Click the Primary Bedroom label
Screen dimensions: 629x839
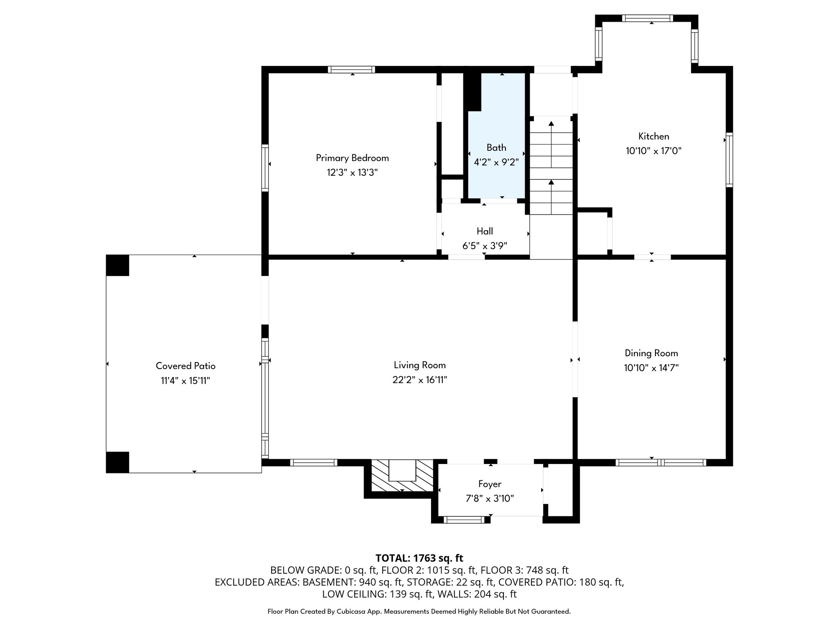[352, 158]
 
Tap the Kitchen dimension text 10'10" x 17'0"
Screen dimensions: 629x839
[653, 151]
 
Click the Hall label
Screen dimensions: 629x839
[485, 231]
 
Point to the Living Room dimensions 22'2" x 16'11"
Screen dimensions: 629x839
[419, 380]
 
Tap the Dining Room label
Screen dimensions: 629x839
[651, 353]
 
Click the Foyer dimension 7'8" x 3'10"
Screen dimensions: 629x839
[490, 499]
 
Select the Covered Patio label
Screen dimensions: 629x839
[185, 366]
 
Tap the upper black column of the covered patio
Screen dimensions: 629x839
[118, 265]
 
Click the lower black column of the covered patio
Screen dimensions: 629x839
[118, 462]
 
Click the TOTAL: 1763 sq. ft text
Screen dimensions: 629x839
[419, 558]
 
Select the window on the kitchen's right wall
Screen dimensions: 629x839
[729, 160]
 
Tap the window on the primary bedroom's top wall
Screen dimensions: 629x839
[351, 70]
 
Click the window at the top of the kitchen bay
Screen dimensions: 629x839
[647, 18]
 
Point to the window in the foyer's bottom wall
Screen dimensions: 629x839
[464, 520]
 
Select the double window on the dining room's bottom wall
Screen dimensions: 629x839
[661, 463]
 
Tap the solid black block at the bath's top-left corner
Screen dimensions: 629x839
[473, 91]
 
